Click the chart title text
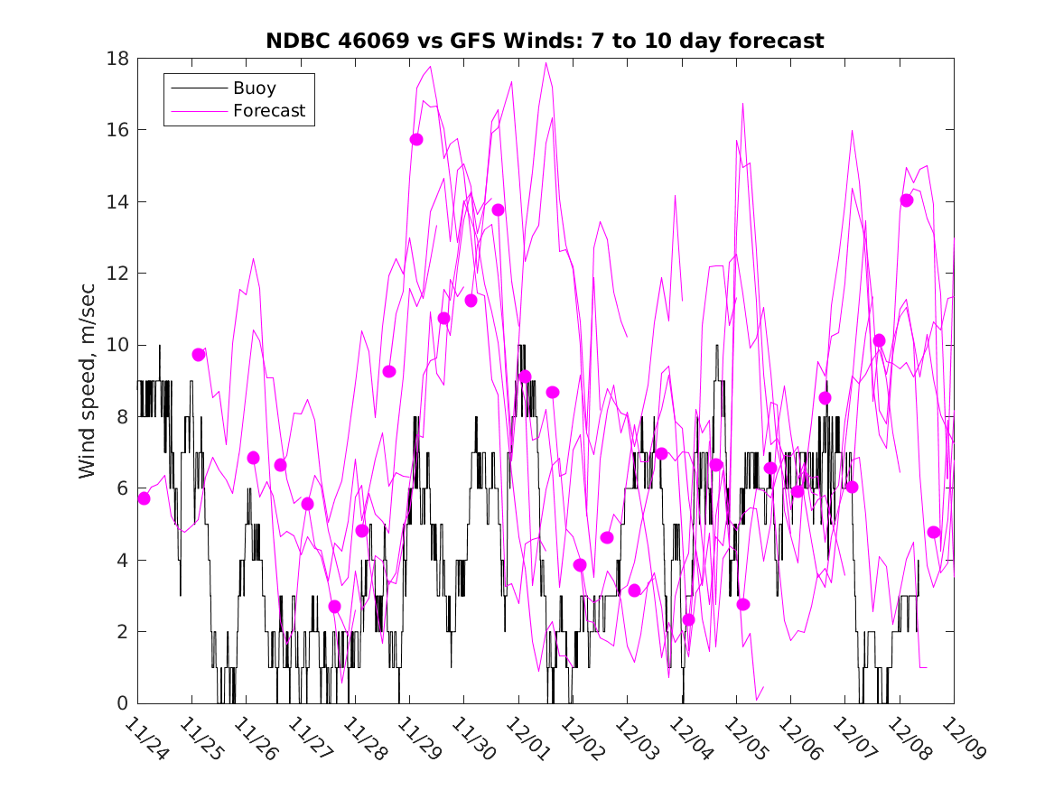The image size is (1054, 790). tap(545, 41)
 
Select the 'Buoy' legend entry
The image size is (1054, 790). tap(255, 88)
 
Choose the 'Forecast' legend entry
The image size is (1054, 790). tap(269, 111)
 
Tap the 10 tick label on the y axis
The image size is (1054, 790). tap(118, 345)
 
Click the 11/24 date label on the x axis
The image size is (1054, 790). tap(145, 738)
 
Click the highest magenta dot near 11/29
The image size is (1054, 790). tap(416, 139)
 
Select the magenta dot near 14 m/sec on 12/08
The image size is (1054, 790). tap(907, 200)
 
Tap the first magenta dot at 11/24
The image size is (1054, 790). tap(144, 498)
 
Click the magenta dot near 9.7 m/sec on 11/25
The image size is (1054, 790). tap(199, 355)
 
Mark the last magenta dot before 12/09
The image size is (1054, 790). tap(934, 532)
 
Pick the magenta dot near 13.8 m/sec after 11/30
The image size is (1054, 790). tap(498, 209)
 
